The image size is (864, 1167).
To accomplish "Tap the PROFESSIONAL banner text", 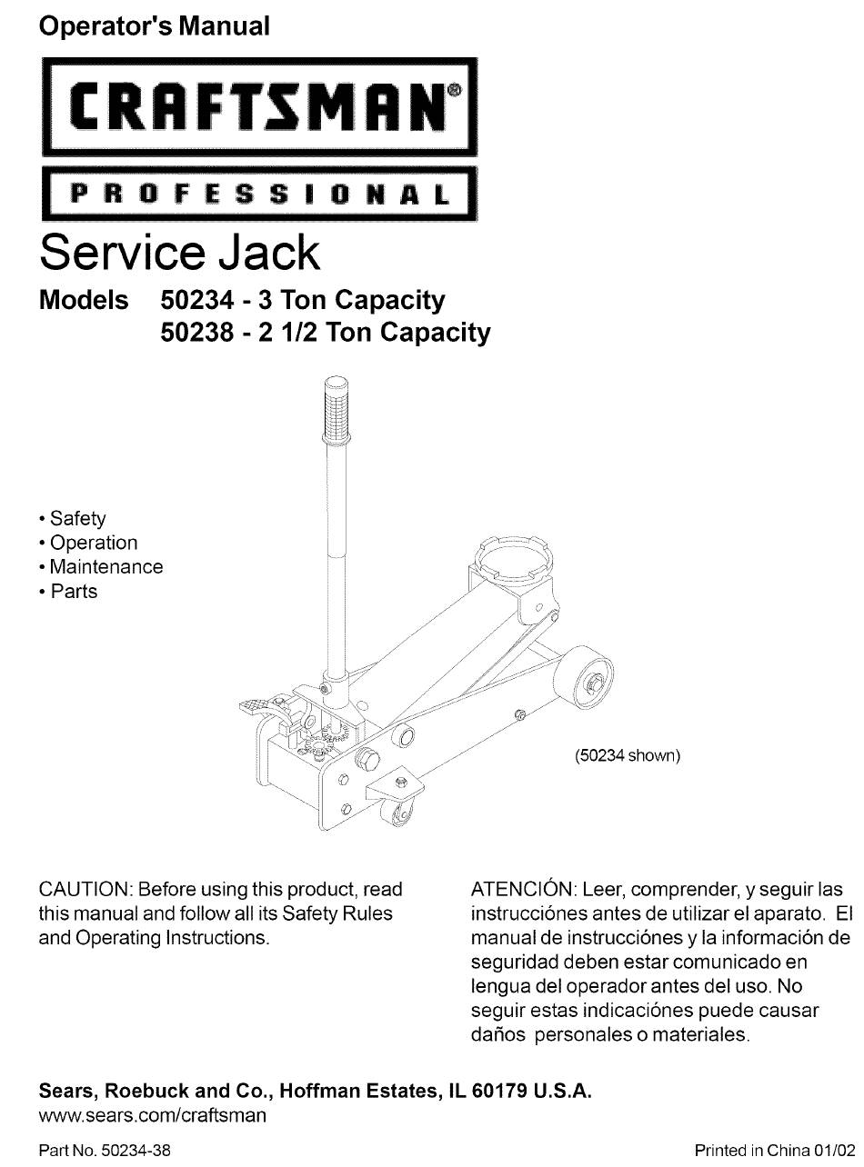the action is click(x=260, y=194).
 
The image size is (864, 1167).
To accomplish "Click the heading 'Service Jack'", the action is click(x=179, y=253).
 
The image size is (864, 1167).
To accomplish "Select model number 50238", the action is click(x=197, y=332).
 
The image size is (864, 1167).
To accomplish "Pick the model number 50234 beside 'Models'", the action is click(x=197, y=300).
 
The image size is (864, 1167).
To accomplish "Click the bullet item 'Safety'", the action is click(x=77, y=519).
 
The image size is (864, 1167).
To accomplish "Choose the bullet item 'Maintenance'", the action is click(x=105, y=566).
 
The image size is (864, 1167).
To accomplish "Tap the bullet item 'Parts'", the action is click(x=74, y=592).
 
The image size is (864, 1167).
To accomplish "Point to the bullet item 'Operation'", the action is click(x=93, y=543).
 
